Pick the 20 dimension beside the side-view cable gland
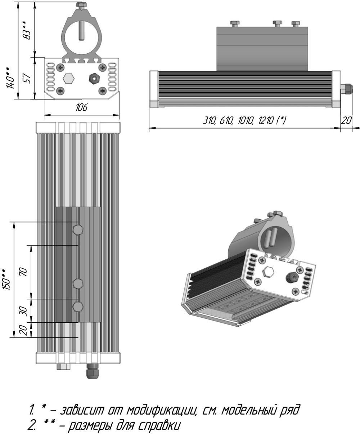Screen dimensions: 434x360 click(346, 120)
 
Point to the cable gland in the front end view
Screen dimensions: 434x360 click(94, 78)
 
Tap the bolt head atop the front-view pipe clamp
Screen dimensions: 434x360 click(81, 5)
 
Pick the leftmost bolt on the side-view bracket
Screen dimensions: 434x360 click(234, 23)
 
